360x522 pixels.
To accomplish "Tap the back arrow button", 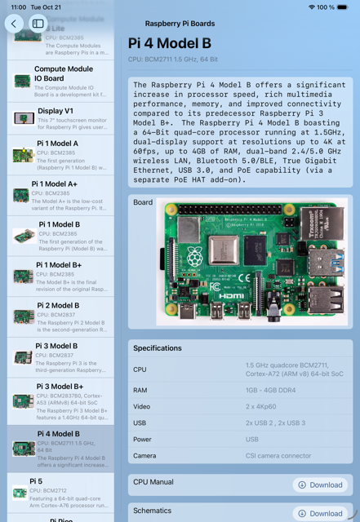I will tap(15, 24).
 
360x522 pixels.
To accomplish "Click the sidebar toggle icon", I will tap(38, 24).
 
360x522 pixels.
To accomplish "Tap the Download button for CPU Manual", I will tap(320, 484).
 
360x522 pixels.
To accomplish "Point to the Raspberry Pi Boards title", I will tap(180, 24).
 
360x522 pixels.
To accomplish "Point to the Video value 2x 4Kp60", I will tap(263, 405).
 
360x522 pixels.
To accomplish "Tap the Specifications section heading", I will tap(158, 347).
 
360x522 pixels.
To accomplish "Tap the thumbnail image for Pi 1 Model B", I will tap(23, 236).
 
